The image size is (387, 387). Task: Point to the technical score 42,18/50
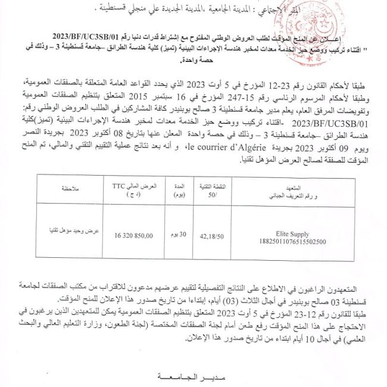click(x=213, y=235)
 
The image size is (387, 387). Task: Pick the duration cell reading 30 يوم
click(x=178, y=235)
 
